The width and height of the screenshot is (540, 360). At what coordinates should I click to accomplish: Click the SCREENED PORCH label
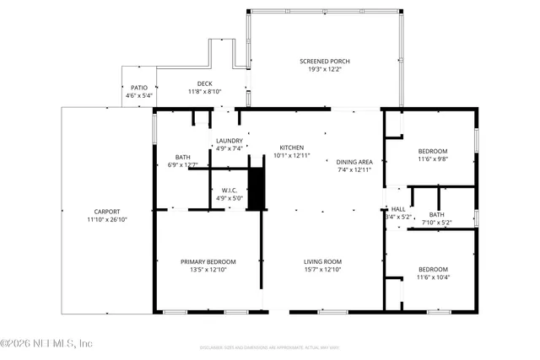pyautogui.click(x=324, y=62)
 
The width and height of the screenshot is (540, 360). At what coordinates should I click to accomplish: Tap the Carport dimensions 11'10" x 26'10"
pyautogui.click(x=107, y=219)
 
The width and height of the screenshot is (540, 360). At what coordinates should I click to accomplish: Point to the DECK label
pyautogui.click(x=204, y=83)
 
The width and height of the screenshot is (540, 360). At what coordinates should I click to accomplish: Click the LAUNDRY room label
pyautogui.click(x=229, y=141)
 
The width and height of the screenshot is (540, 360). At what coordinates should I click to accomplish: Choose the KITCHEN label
pyautogui.click(x=292, y=148)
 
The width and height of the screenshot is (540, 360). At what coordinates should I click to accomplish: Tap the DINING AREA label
pyautogui.click(x=354, y=162)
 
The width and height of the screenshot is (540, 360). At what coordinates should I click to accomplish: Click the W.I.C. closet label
pyautogui.click(x=229, y=190)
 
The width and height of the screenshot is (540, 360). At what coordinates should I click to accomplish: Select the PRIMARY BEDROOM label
pyautogui.click(x=208, y=261)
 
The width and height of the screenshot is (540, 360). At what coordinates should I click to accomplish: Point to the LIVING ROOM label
pyautogui.click(x=322, y=261)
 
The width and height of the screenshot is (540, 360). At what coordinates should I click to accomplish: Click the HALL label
pyautogui.click(x=398, y=209)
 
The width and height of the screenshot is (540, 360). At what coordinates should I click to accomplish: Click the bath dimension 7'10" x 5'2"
pyautogui.click(x=435, y=223)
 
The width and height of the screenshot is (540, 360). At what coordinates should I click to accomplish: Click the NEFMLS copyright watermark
pyautogui.click(x=46, y=343)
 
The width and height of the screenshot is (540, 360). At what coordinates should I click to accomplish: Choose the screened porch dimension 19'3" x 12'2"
pyautogui.click(x=324, y=69)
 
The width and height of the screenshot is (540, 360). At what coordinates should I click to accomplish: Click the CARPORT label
pyautogui.click(x=107, y=212)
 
